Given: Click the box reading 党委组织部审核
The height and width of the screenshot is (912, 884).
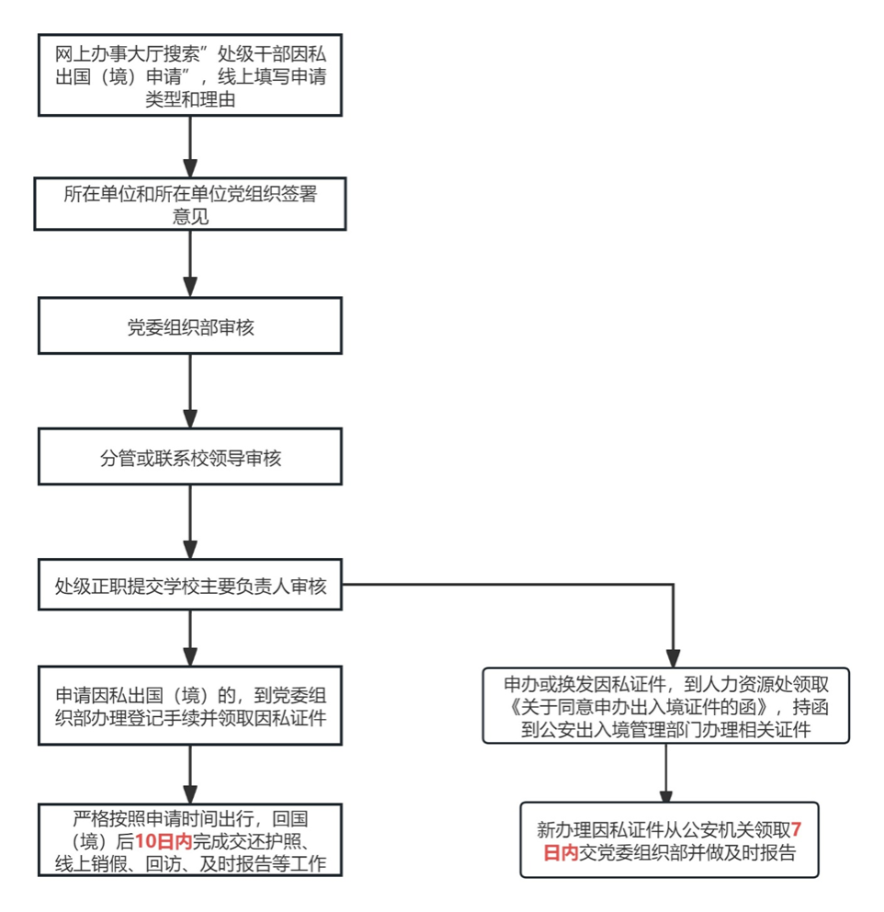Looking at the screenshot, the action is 190,325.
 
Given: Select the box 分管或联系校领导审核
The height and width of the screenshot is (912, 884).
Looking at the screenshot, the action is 190,457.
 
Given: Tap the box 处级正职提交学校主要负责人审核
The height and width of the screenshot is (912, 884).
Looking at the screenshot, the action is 190,585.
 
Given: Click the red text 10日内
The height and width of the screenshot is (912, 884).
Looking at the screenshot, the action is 164,841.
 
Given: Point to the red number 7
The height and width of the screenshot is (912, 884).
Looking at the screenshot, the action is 796,829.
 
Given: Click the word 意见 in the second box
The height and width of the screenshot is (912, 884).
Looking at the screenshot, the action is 190,216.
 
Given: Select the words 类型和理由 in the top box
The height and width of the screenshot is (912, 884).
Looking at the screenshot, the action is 190,99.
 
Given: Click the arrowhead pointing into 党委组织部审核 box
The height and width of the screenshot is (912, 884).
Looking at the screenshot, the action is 190,287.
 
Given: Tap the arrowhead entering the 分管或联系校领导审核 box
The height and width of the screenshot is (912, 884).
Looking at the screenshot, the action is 190,417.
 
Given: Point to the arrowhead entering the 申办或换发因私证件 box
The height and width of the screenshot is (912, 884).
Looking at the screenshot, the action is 673,658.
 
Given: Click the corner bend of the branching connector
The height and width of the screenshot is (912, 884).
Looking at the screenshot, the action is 673,585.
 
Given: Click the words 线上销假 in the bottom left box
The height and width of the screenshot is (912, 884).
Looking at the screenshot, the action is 91,863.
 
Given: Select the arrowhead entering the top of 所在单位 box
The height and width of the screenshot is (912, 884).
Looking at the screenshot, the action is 190,167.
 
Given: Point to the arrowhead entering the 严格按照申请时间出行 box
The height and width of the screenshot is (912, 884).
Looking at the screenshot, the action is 190,794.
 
